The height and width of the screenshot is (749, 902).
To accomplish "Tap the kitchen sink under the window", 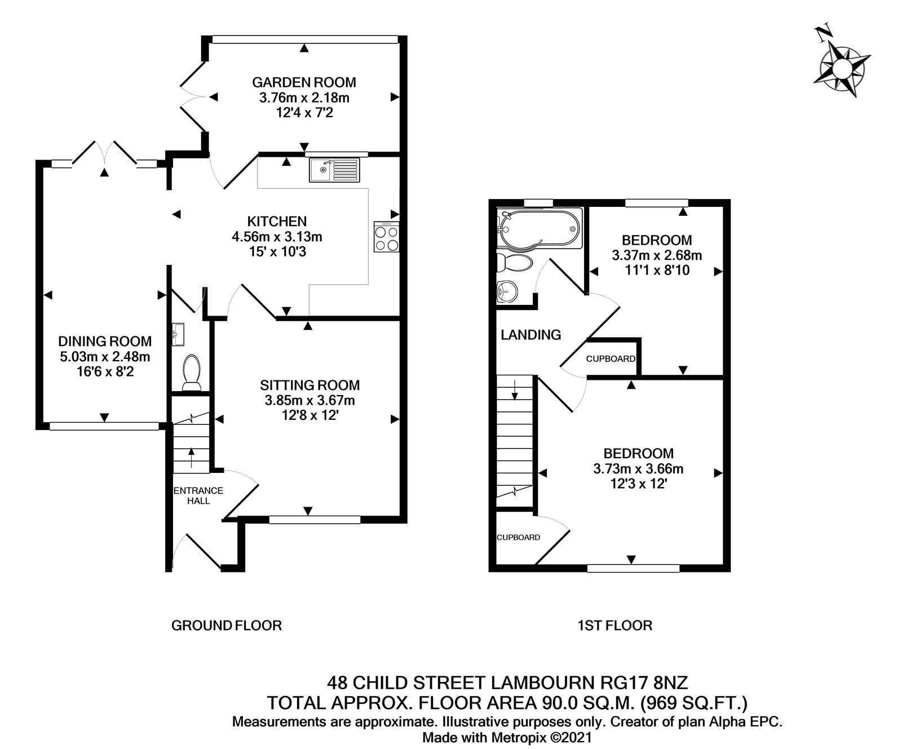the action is pyautogui.click(x=334, y=170).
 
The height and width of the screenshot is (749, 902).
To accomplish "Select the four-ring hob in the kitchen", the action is pyautogui.click(x=386, y=237).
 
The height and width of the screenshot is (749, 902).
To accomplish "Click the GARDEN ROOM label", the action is pyautogui.click(x=304, y=82).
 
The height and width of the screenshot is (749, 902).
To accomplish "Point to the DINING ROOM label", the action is pyautogui.click(x=105, y=341).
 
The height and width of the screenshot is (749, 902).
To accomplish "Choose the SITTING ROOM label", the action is pyautogui.click(x=309, y=385).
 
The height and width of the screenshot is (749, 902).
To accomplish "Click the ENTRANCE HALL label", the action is pyautogui.click(x=198, y=495).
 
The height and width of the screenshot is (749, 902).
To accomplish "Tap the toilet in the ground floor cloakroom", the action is pyautogui.click(x=192, y=372).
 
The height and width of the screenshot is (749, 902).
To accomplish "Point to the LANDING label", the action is pyautogui.click(x=530, y=335).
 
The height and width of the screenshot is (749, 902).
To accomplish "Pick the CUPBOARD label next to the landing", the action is pyautogui.click(x=611, y=359).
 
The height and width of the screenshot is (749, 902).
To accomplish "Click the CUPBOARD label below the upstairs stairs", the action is pyautogui.click(x=518, y=538).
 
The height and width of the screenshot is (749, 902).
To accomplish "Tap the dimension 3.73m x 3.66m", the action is pyautogui.click(x=638, y=468).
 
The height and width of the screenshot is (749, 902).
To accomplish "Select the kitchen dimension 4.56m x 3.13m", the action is pyautogui.click(x=277, y=237).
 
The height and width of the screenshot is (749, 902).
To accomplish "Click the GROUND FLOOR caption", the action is pyautogui.click(x=226, y=625).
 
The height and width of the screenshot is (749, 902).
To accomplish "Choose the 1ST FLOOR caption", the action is pyautogui.click(x=614, y=625).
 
